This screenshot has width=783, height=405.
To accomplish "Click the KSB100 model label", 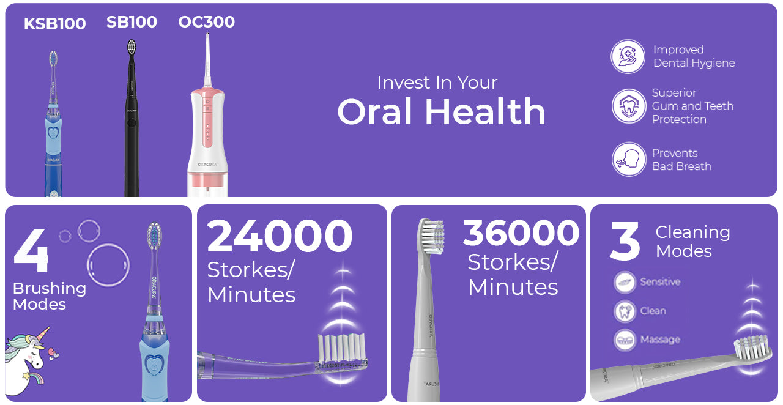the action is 55,24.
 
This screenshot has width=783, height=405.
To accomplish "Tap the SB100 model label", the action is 132,22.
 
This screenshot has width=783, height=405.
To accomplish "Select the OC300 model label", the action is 207,21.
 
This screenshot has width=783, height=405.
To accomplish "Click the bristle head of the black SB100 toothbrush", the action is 132,46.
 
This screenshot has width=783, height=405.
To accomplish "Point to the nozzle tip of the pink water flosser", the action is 207,34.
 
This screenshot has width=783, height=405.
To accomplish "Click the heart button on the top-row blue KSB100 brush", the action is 53,133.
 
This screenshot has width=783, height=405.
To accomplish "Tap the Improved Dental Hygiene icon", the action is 628,56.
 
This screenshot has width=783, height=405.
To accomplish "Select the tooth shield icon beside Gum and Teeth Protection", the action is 629,106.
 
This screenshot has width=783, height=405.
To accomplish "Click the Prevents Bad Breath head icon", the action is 629,159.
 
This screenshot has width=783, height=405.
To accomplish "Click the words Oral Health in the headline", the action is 441,111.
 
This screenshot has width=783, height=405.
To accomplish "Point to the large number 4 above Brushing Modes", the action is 31,250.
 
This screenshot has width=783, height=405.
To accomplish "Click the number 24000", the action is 280,236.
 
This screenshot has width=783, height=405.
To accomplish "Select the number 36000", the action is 521,232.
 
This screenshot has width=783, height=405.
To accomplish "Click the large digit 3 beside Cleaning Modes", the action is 625,241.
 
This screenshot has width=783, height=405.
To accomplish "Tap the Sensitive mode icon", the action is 625,282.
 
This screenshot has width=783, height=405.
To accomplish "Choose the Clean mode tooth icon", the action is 625,311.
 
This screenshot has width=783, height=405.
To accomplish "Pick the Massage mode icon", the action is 625,340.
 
